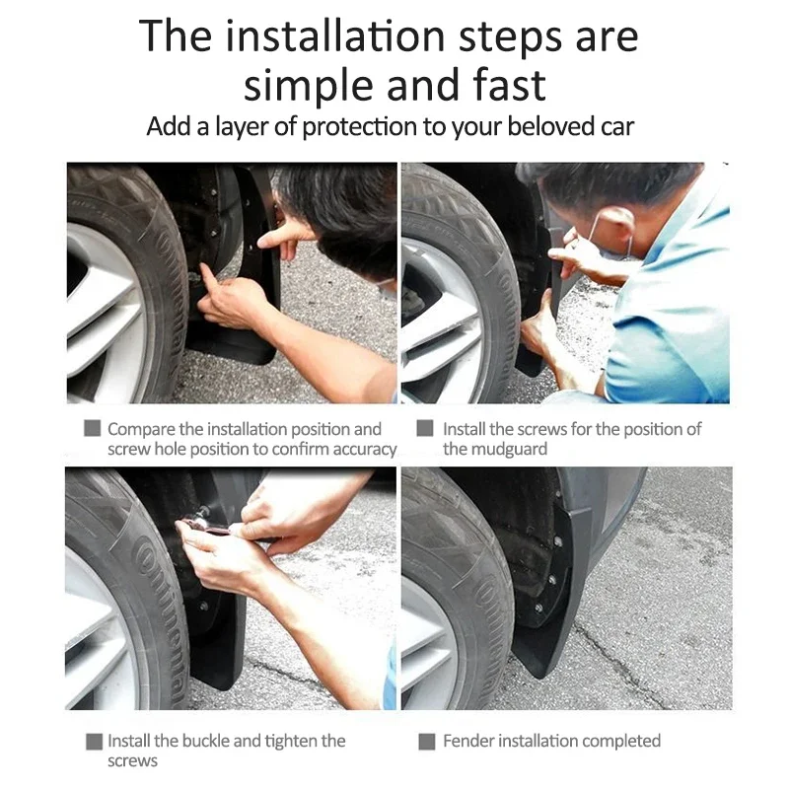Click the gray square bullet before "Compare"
pyautogui.click(x=93, y=429)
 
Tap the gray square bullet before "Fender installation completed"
pyautogui.click(x=426, y=741)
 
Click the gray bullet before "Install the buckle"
pyautogui.click(x=93, y=741)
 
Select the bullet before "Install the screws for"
pyautogui.click(x=426, y=429)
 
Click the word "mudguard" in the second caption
pyautogui.click(x=510, y=449)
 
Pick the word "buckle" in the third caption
pyautogui.click(x=227, y=741)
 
